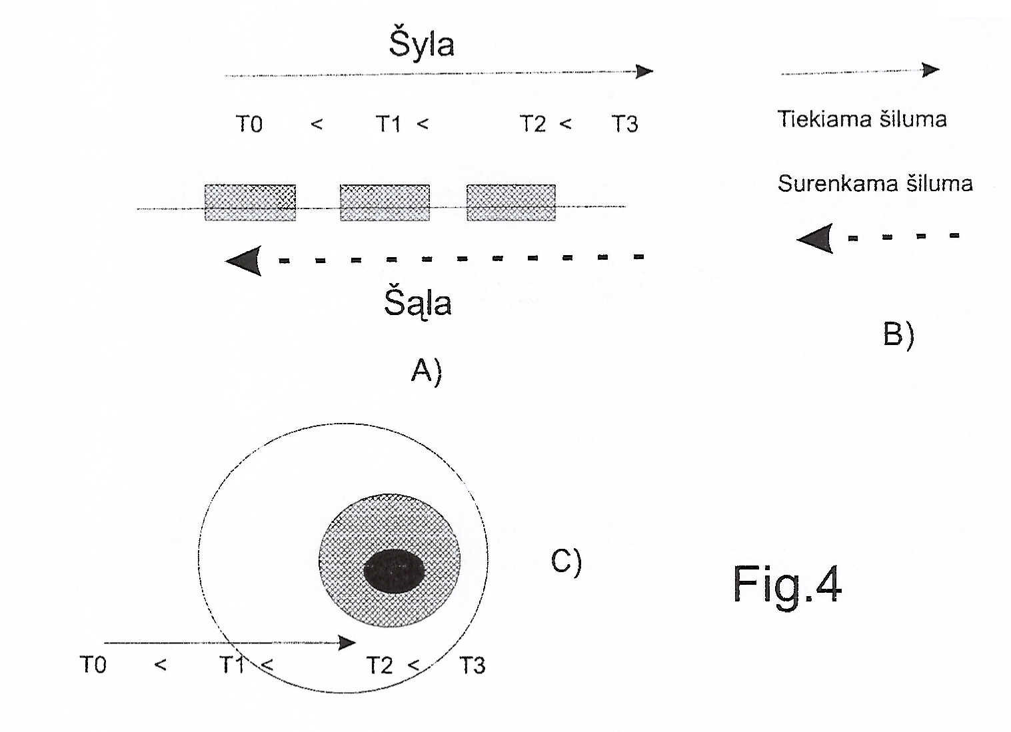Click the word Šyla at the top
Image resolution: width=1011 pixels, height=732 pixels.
click(421, 43)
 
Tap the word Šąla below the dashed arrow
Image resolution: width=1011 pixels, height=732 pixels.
click(417, 303)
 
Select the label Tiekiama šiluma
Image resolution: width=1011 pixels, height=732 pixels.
click(862, 119)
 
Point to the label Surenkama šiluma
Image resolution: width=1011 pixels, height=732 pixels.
click(874, 184)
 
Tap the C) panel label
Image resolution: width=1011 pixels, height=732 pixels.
click(566, 561)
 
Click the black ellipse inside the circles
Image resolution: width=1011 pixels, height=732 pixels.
click(394, 571)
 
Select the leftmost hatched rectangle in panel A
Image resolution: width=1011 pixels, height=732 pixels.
click(251, 202)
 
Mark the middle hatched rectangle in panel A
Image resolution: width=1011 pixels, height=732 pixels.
click(385, 202)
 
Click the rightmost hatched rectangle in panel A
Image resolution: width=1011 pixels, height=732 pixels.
click(511, 202)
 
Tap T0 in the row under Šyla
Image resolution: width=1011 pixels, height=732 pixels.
click(249, 124)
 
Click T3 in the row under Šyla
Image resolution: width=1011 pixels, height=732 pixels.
click(624, 124)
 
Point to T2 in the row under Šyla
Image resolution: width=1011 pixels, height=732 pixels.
click(532, 124)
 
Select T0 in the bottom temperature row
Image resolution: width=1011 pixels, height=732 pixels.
click(93, 665)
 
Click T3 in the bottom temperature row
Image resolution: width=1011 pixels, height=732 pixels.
click(472, 665)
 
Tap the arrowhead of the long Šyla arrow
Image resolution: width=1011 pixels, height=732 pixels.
click(644, 71)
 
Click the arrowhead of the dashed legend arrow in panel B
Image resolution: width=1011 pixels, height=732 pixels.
click(814, 238)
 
